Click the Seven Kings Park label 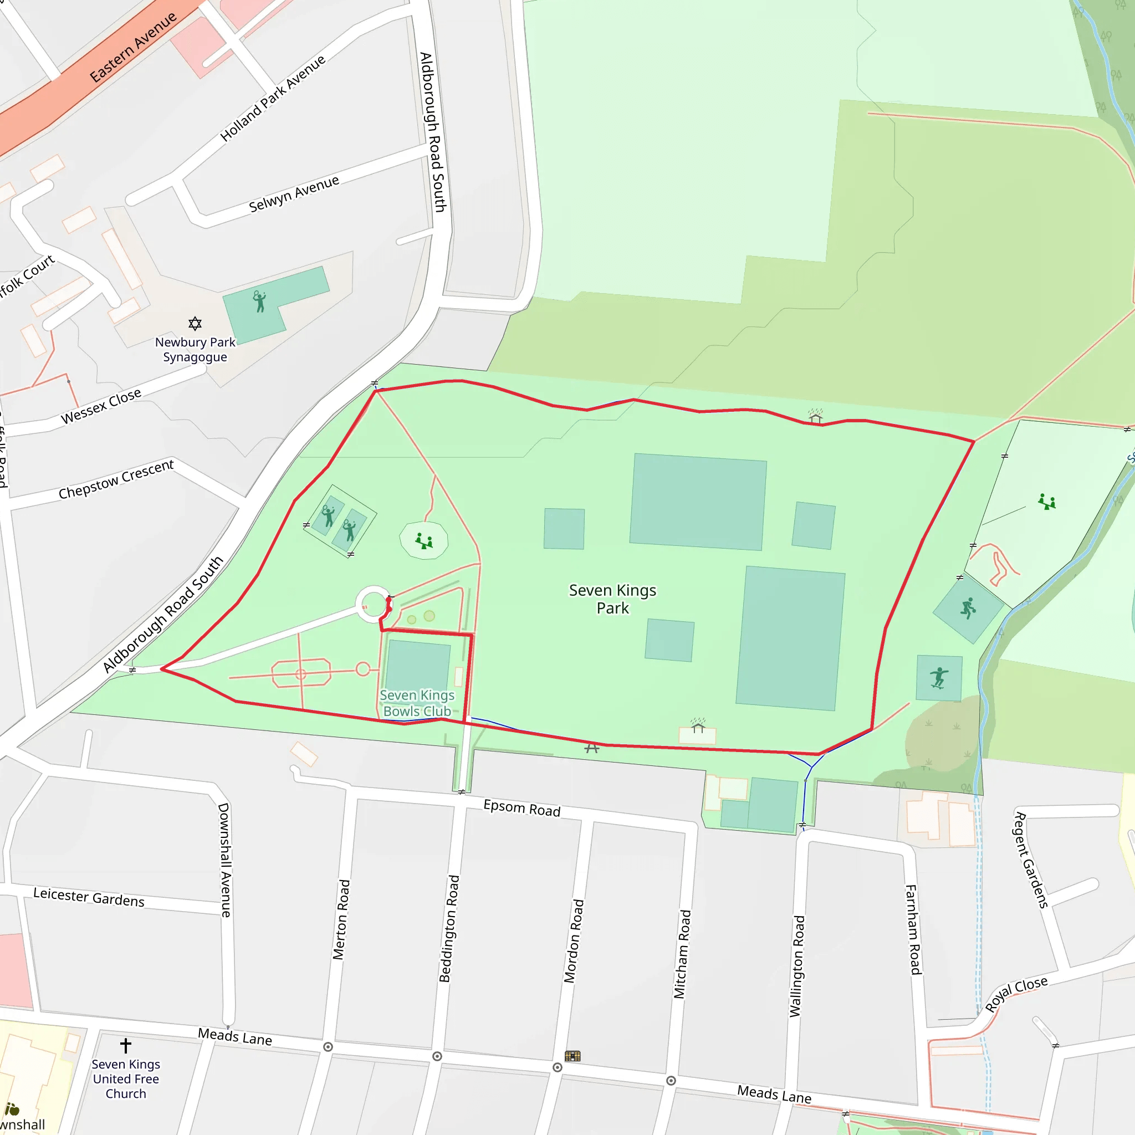(612, 599)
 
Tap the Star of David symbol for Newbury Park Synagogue (195, 323)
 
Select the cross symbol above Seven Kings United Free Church (126, 1045)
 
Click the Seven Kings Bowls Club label (417, 703)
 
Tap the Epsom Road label (522, 809)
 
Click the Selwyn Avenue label (294, 194)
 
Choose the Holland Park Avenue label (273, 98)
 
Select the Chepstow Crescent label (116, 479)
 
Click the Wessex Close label (101, 405)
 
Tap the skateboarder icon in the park (939, 677)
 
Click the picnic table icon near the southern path (591, 748)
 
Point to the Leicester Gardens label (89, 898)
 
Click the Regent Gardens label (1031, 860)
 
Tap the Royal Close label (1016, 994)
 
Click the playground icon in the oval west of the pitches (423, 540)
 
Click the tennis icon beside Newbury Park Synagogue (259, 301)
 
